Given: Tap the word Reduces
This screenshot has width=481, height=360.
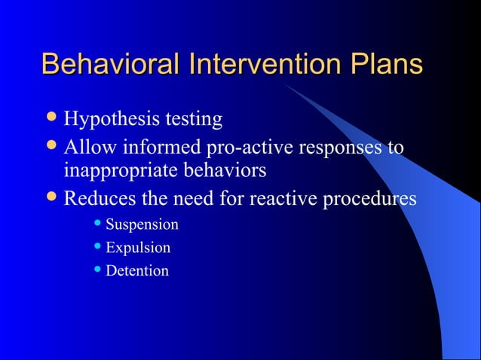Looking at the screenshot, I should [98, 199].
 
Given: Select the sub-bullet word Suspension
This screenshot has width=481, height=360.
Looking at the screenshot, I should [142, 225].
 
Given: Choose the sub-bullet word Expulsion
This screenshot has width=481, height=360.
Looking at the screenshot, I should [138, 248].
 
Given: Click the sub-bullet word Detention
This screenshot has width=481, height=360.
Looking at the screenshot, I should [137, 270].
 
